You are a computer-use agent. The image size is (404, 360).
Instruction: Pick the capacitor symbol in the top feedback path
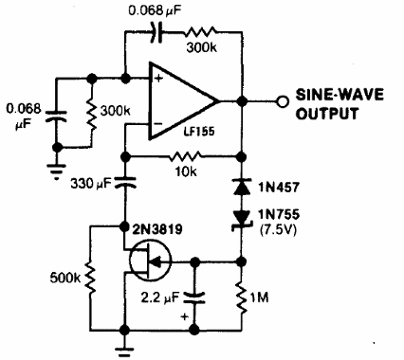pyautogui.click(x=158, y=29)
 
